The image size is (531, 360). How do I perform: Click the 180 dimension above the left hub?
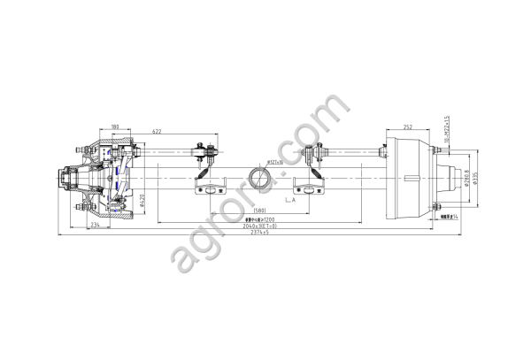point(116,127)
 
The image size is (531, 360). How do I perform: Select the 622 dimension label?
point(156,132)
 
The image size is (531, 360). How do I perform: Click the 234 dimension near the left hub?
point(95,225)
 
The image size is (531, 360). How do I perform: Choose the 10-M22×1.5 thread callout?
point(449,129)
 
